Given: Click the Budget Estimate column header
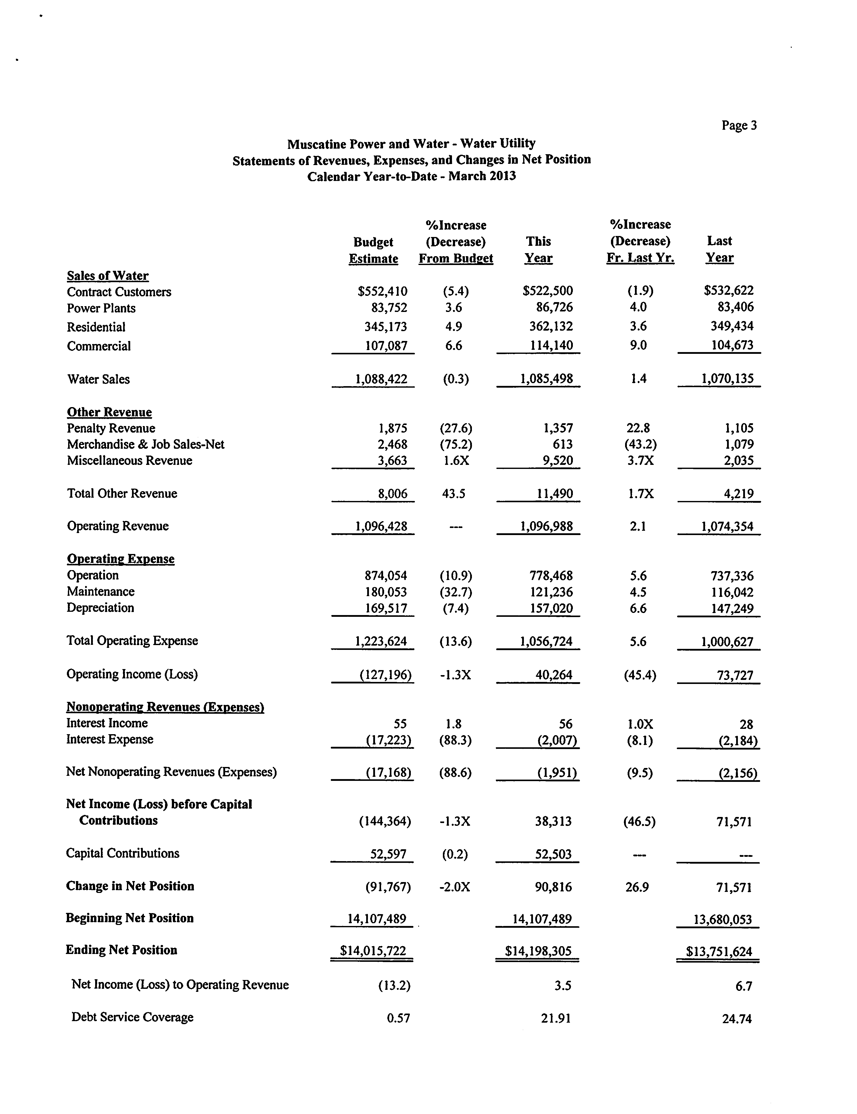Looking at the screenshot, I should tap(373, 250).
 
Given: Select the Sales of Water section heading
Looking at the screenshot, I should tap(108, 276).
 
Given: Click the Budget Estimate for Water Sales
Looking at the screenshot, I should tap(381, 379).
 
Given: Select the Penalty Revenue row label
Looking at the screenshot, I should tap(111, 429).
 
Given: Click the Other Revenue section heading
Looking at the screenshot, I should tap(109, 412).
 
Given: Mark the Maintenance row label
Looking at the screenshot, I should tap(100, 592).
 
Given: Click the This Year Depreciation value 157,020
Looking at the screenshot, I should tap(551, 608).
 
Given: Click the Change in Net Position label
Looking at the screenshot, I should tap(130, 886).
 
